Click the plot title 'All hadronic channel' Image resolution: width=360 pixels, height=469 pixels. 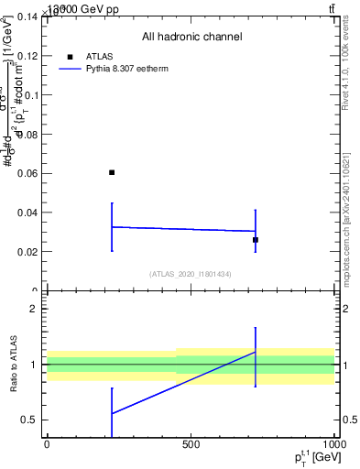[191, 38]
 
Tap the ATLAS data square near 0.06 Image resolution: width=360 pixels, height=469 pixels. [112, 172]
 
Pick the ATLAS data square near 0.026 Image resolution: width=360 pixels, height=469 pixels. [256, 240]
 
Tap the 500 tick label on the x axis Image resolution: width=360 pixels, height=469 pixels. [191, 444]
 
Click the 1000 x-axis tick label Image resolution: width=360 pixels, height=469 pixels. [332, 444]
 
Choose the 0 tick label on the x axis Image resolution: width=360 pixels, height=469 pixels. [47, 444]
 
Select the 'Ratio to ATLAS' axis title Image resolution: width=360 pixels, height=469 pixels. [13, 365]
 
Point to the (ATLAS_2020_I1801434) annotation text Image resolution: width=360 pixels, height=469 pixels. [190, 274]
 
